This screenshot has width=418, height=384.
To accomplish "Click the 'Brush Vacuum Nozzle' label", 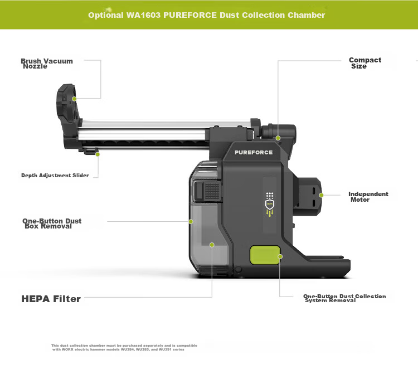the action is click(47, 64).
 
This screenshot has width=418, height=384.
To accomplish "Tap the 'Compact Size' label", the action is click(365, 63).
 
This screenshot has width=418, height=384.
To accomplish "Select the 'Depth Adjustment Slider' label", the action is click(55, 176).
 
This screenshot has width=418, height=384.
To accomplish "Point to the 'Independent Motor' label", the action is click(368, 197).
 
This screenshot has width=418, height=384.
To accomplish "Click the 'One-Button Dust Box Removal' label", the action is click(52, 223).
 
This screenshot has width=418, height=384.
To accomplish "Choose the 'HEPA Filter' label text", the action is click(51, 299).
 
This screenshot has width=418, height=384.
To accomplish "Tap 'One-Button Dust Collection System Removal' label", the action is click(344, 298).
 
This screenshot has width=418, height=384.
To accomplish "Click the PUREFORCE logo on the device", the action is click(254, 153).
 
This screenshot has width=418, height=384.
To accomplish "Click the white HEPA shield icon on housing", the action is click(270, 205).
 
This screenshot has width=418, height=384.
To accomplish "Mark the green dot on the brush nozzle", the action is click(74, 99).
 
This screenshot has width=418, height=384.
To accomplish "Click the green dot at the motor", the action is click(321, 195).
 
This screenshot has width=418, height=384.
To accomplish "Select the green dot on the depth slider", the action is click(98, 154).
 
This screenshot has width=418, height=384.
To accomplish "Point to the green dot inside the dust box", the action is click(212, 245).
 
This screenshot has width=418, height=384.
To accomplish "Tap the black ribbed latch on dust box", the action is click(207, 191).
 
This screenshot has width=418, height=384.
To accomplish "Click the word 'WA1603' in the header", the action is click(143, 15).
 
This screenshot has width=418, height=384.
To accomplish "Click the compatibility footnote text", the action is click(124, 347).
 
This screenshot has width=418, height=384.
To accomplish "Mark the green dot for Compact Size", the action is click(278, 138).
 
